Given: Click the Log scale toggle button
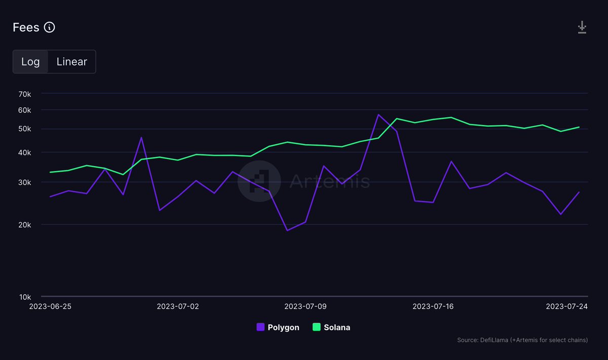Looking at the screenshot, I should pos(30,62).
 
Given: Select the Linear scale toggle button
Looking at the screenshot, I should pos(71,62).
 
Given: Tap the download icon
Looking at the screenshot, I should pos(582,27).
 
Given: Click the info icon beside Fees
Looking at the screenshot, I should pos(49,27).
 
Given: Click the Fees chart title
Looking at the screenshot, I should pos(26,27).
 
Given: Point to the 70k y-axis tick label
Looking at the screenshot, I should pos(24,94).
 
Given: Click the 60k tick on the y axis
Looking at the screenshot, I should pos(24,110).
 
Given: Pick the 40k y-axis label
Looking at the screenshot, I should pos(24,152).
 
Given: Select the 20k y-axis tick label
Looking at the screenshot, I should pos(24,225).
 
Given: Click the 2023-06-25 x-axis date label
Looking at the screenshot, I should pos(50,306).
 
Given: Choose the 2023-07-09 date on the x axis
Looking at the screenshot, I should pos(306,306).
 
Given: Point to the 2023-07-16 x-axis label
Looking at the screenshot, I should pos(433,306).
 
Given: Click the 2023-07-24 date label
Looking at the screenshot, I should pos(566,306).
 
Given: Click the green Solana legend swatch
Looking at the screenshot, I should pos(317,327).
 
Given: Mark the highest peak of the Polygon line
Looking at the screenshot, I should pos(378,114).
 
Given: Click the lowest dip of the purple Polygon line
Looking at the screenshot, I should pos(287,230).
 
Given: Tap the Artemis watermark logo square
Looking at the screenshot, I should pos(259,181).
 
